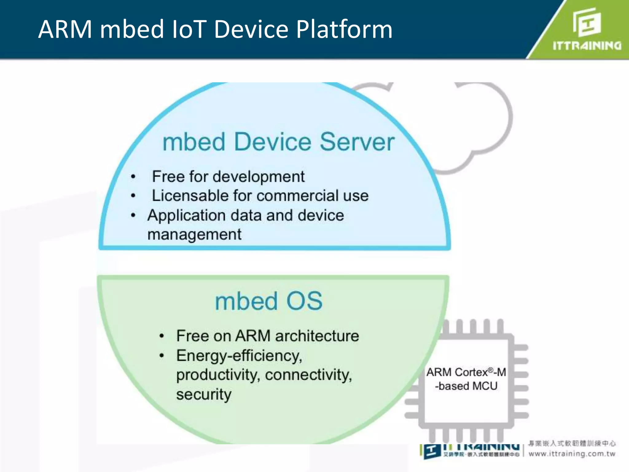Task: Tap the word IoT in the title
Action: pos(188,29)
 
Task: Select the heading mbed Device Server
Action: pos(278,142)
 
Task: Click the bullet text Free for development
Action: pos(228,177)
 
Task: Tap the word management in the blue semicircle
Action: pos(194,234)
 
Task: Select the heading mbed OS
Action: pos(269,301)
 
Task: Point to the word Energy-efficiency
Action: pos(239,356)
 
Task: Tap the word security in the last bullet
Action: pos(204,394)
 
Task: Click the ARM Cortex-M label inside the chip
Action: pos(466,372)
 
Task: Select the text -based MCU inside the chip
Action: pos(466,386)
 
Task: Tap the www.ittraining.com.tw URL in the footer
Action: pos(572,454)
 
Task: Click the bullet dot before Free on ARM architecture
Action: pos(162,336)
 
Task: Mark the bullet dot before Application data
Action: pos(133,215)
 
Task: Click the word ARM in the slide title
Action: pos(65,29)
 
